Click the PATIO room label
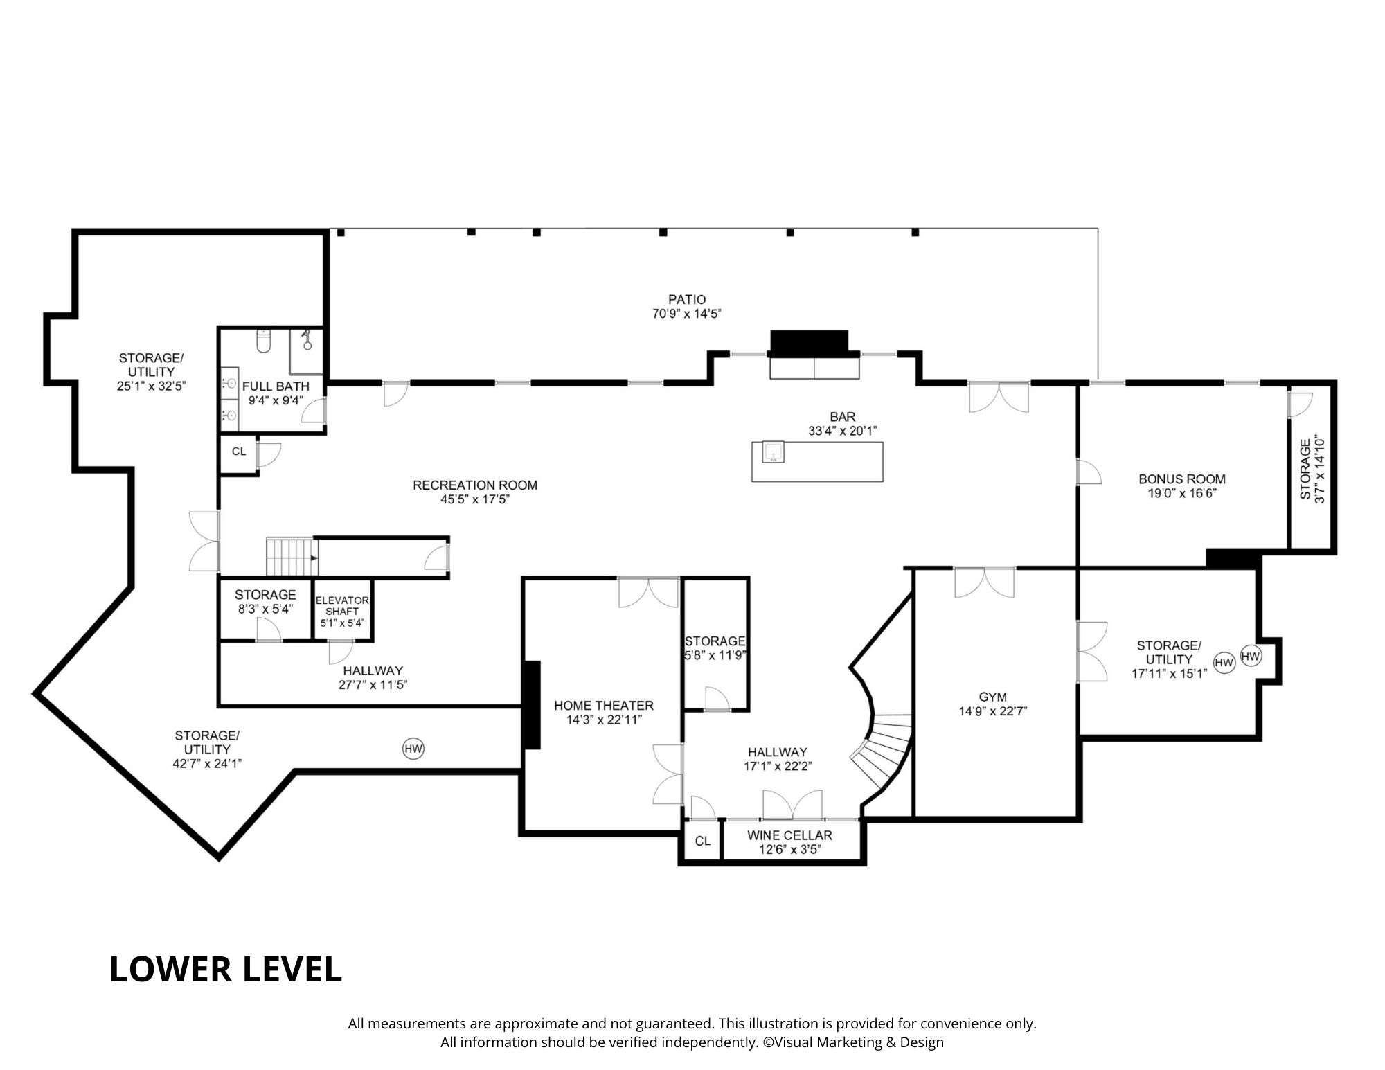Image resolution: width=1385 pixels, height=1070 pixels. coord(687,299)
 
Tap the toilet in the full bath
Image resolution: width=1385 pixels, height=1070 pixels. coord(263,341)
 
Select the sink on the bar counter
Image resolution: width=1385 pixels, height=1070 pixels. coord(773,452)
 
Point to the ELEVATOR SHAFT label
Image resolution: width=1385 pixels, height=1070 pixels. coord(342,606)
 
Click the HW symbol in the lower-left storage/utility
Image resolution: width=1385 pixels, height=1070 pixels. coord(413,749)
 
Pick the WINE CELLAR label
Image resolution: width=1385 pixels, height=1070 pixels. coord(789,835)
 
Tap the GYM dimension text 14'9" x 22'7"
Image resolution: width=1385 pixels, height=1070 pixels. coord(992,711)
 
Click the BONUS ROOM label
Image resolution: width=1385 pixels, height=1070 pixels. coord(1182,479)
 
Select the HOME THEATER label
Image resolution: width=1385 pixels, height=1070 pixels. coord(604,705)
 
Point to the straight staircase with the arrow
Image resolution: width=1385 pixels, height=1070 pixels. coord(293,556)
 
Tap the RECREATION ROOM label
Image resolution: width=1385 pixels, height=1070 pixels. coord(475,485)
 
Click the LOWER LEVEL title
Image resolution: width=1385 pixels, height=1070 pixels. coord(226,969)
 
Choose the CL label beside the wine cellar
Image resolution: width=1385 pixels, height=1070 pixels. coord(703,841)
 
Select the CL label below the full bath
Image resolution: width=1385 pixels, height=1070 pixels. coord(239,452)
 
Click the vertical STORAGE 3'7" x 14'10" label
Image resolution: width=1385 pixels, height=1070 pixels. coord(1312,469)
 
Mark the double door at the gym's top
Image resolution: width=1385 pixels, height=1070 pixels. coord(985,582)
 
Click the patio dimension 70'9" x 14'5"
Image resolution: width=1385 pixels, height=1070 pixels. coord(687,314)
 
